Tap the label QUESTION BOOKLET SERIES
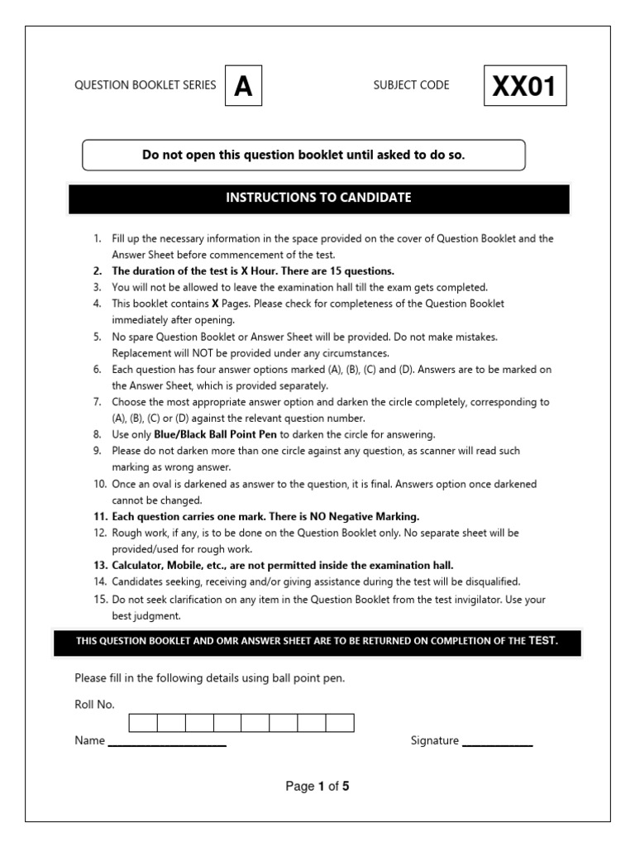[146, 85]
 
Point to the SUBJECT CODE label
[411, 85]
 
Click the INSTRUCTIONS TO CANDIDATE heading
[318, 198]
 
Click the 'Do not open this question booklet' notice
[303, 155]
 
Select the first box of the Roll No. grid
[143, 723]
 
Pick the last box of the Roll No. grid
[340, 723]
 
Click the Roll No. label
[94, 705]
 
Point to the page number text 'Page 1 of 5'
[317, 787]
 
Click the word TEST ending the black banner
[543, 640]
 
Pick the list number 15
[99, 599]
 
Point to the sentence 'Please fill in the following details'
[209, 678]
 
